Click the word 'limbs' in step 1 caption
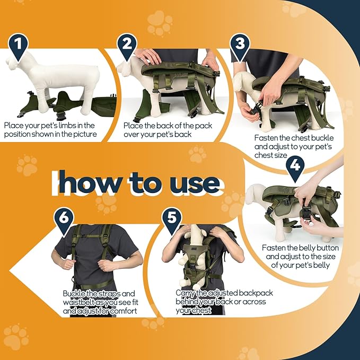point(67,125)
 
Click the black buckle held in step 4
point(306,210)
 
